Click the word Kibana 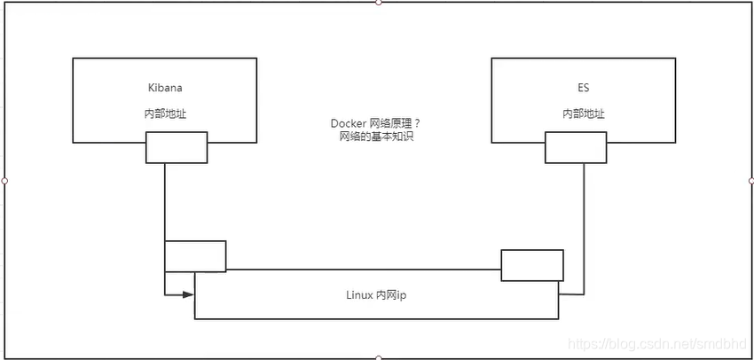[x=164, y=89]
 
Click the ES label [x=583, y=89]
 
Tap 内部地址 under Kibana [x=165, y=114]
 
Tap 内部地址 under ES [x=583, y=114]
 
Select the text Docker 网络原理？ [x=376, y=123]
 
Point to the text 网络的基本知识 [x=376, y=137]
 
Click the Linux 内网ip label [x=376, y=295]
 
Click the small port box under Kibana [x=177, y=147]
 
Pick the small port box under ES [x=576, y=147]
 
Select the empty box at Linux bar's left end [x=195, y=255]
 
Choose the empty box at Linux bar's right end [x=532, y=265]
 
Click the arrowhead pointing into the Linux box [x=188, y=293]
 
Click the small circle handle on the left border [x=4, y=180]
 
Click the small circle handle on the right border [x=751, y=180]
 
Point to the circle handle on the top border [x=379, y=3]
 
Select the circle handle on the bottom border [x=379, y=357]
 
